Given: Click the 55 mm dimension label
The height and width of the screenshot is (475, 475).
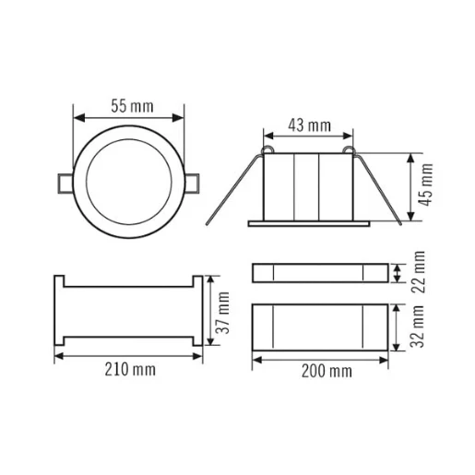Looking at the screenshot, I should click(x=129, y=105).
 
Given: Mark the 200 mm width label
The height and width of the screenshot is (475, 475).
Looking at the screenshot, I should click(x=327, y=372).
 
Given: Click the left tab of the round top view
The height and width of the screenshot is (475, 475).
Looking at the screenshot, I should click(x=64, y=182).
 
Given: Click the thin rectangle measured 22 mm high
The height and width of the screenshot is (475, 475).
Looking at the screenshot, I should click(x=319, y=272).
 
